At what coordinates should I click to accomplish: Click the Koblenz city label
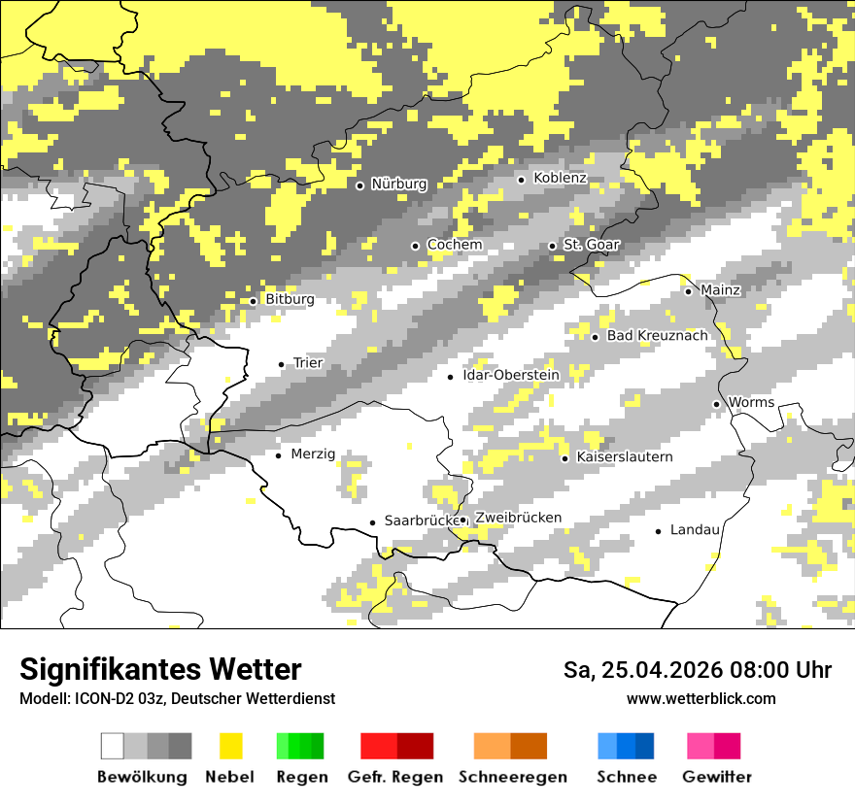tap(560, 178)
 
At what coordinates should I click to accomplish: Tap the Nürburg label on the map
tap(398, 184)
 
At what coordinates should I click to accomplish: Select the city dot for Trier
tap(282, 364)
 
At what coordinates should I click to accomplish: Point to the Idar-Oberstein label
tap(511, 375)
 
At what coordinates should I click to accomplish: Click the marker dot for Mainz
tap(688, 291)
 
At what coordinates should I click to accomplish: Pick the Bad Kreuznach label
tap(657, 335)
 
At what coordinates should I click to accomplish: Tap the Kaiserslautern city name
tap(624, 456)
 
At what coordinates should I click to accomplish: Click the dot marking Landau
tap(659, 531)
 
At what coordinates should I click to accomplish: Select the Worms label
tap(751, 402)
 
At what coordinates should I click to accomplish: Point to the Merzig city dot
tap(279, 455)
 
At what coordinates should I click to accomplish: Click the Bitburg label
tap(290, 299)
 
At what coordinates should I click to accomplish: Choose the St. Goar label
tap(591, 245)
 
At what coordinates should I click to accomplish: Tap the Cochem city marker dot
tap(416, 246)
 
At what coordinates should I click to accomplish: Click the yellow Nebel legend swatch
tap(231, 746)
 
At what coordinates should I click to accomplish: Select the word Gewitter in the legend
tap(717, 777)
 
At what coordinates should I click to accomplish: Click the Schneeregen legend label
tap(513, 777)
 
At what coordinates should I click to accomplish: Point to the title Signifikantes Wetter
tap(160, 669)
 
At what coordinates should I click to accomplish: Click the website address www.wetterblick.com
tap(701, 698)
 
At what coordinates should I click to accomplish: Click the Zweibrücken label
tap(519, 518)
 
